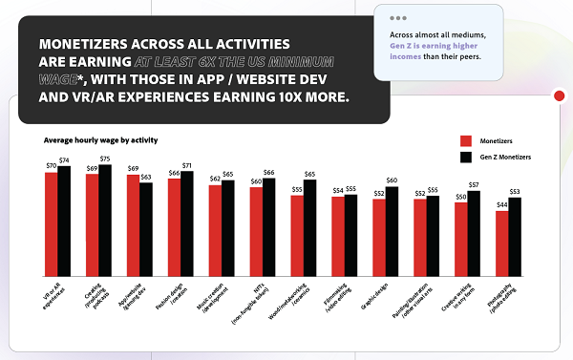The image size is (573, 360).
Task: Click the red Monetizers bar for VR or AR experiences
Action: pos(51,220)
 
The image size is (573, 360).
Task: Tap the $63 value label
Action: pos(146,178)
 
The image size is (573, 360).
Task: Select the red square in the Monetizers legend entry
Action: pos(466,139)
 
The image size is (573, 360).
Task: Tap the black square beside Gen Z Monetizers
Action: pos(466,156)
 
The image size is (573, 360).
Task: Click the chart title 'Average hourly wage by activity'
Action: pos(99,140)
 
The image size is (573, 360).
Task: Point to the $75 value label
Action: pos(105,159)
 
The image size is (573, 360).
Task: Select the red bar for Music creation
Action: pos(215,227)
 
